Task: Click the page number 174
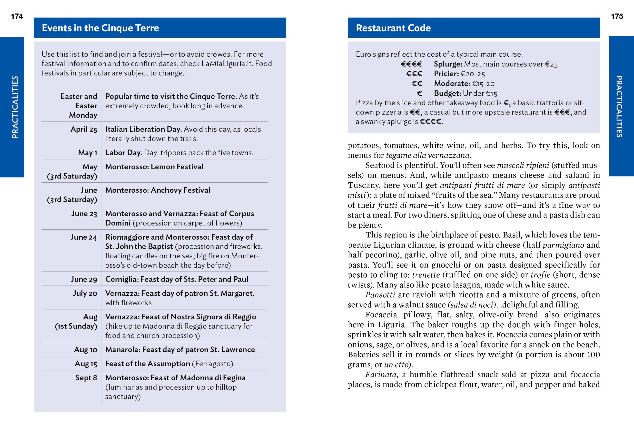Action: pyautogui.click(x=17, y=16)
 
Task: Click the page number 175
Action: pyautogui.click(x=617, y=16)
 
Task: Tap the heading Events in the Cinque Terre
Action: pyautogui.click(x=100, y=28)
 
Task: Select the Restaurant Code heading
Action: pyautogui.click(x=393, y=28)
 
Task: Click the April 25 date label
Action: pyautogui.click(x=84, y=130)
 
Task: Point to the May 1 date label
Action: pyautogui.click(x=87, y=153)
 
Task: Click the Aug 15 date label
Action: pyautogui.click(x=86, y=364)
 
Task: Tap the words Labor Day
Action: pyautogui.click(x=123, y=153)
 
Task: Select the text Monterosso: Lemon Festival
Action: pyautogui.click(x=154, y=167)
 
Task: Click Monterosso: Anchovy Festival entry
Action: pyautogui.click(x=158, y=190)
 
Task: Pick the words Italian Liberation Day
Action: pyautogui.click(x=143, y=130)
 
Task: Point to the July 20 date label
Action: pyautogui.click(x=85, y=293)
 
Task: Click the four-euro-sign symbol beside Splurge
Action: pyautogui.click(x=411, y=64)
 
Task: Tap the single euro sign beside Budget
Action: pyautogui.click(x=419, y=94)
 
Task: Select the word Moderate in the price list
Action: pyautogui.click(x=452, y=84)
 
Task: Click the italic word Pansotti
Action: pyautogui.click(x=380, y=295)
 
